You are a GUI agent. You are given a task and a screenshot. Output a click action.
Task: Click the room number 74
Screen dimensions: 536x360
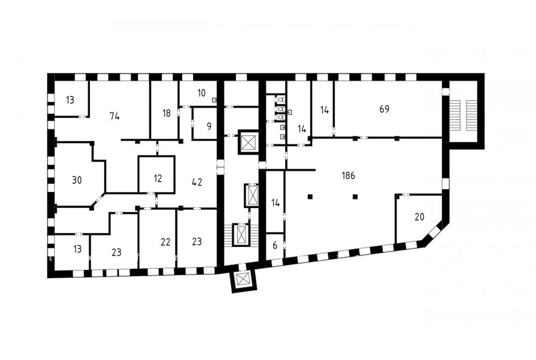click(115, 116)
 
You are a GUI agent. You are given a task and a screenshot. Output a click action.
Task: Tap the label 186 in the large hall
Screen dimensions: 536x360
click(348, 176)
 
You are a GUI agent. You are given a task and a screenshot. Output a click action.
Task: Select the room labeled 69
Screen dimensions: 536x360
click(384, 109)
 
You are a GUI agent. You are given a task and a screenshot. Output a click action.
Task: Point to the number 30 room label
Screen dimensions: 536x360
click(77, 180)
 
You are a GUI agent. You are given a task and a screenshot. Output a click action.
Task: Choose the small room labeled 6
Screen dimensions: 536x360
click(275, 246)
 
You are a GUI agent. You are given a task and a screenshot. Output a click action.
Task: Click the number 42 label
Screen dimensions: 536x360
click(197, 182)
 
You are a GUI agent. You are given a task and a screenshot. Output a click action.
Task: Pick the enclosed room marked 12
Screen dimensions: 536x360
click(158, 178)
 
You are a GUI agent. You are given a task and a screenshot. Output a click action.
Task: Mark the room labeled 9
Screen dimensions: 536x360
click(209, 126)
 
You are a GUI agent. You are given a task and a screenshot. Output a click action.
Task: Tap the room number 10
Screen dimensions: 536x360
click(201, 93)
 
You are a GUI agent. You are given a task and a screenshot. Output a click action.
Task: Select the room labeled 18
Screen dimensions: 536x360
click(167, 113)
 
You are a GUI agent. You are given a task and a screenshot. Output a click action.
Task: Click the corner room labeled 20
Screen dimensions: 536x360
click(419, 216)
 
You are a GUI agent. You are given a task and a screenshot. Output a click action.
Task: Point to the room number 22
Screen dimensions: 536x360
click(166, 242)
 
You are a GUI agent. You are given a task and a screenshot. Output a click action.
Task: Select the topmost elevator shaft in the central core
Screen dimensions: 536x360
click(248, 142)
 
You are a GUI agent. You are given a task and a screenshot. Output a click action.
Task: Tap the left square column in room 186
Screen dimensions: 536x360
click(310, 197)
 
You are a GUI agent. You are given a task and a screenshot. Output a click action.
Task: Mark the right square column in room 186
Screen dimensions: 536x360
click(355, 197)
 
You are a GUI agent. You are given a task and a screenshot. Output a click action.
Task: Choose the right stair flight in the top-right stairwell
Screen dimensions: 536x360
click(471, 115)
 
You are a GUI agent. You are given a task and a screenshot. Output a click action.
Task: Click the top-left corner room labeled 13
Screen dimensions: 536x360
click(70, 100)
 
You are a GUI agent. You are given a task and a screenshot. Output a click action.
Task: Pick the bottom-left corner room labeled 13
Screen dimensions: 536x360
click(77, 249)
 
